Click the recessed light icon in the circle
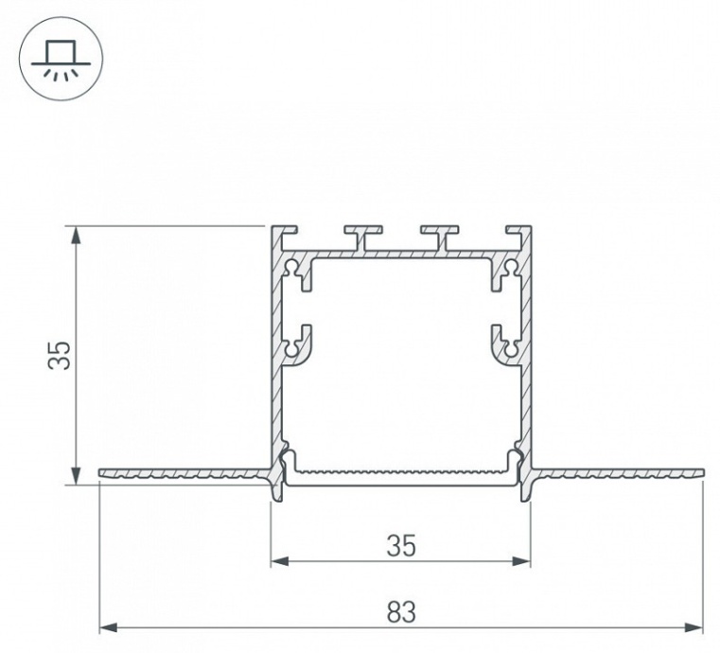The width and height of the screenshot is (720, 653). (61, 59)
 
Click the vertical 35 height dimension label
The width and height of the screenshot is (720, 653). (60, 355)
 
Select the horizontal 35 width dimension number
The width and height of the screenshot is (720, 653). (401, 545)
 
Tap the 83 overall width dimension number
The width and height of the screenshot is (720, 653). (401, 611)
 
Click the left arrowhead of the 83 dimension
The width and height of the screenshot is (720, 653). (109, 627)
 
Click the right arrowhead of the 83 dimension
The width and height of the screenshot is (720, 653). (694, 627)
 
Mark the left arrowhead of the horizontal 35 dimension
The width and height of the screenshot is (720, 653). (280, 560)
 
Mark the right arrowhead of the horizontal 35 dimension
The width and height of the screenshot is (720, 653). (521, 560)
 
